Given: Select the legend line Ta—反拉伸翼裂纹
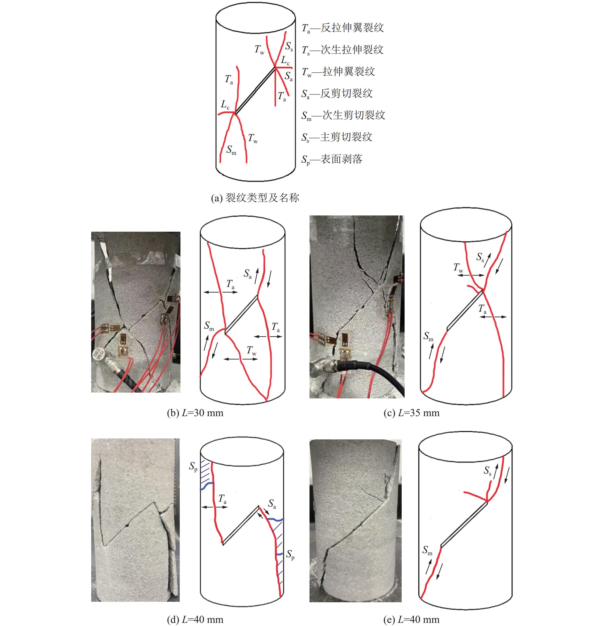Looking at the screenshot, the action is pyautogui.click(x=343, y=28).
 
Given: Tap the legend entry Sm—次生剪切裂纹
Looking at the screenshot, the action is pyautogui.click(x=343, y=115).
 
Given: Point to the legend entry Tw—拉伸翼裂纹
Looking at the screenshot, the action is pyautogui.click(x=338, y=71).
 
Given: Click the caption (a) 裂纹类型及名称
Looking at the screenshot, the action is pyautogui.click(x=255, y=198).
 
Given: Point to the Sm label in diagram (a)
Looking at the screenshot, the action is pyautogui.click(x=231, y=150).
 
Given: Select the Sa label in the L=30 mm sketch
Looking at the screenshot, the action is pyautogui.click(x=247, y=274).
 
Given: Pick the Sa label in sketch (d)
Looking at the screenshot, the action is pyautogui.click(x=272, y=504).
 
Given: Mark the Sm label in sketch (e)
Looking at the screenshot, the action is pyautogui.click(x=427, y=550).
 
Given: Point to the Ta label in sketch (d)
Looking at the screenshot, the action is pyautogui.click(x=222, y=499).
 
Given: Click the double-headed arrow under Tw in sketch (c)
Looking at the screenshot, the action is pyautogui.click(x=471, y=275).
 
